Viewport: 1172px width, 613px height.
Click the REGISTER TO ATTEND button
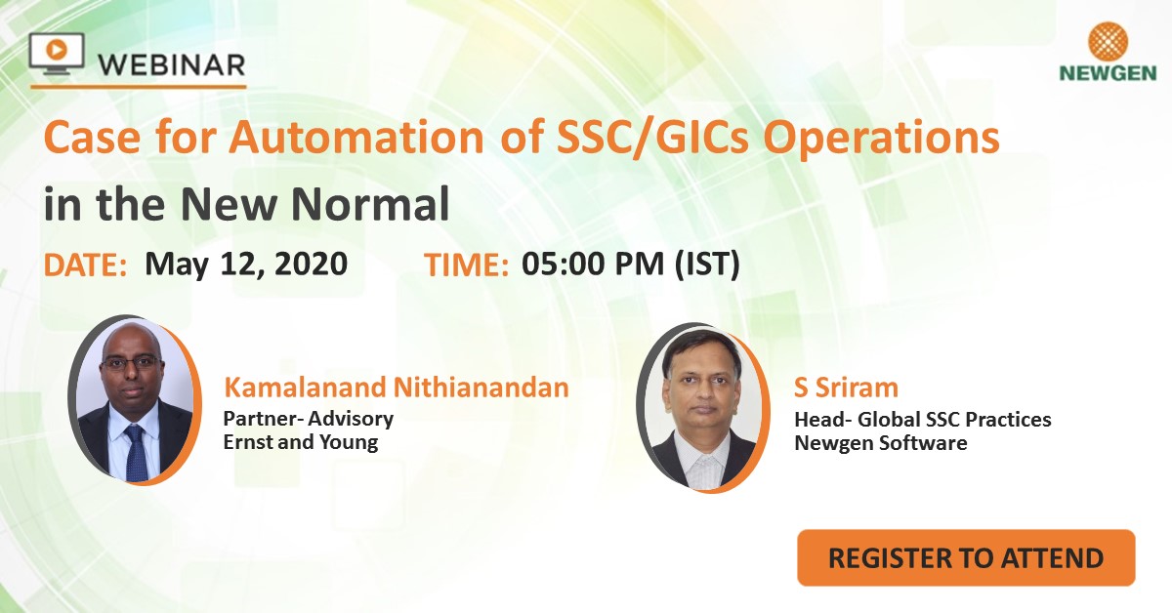[x=966, y=558]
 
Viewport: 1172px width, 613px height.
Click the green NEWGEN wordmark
[x=1108, y=74]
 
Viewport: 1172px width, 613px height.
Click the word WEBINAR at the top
[x=171, y=65]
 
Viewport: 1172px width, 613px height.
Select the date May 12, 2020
[x=246, y=265]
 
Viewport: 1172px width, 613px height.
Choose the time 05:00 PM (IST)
[x=630, y=265]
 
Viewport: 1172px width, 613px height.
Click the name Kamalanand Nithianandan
[x=396, y=388]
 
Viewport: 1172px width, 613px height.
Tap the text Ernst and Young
[x=300, y=442]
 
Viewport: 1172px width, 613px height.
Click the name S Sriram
[x=846, y=388]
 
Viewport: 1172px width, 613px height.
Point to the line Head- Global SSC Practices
[x=923, y=420]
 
